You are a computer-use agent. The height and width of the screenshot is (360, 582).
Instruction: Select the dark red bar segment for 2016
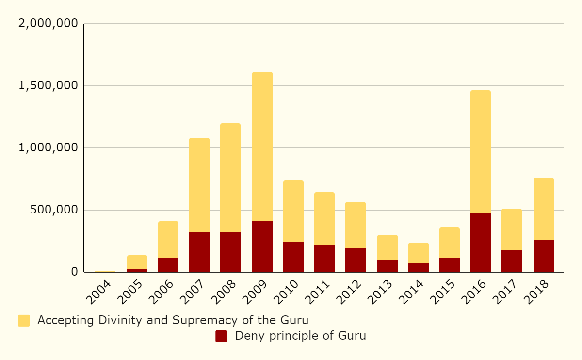point(481,243)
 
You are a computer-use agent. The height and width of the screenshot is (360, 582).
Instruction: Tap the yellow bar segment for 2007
point(199,185)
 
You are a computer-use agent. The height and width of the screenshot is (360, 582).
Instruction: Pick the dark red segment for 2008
point(230,252)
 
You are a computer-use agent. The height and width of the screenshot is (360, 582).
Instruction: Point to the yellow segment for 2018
point(544,209)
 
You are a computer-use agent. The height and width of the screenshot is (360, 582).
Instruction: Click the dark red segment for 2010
point(293,257)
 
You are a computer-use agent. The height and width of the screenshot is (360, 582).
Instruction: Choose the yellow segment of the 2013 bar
point(388,247)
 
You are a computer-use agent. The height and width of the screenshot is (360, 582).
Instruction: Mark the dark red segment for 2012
point(356,260)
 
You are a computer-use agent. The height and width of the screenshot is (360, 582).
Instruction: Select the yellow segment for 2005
point(137,262)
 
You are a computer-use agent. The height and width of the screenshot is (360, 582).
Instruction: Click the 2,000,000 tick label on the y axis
point(48,24)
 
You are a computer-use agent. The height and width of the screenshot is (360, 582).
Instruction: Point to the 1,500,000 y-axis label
point(48,86)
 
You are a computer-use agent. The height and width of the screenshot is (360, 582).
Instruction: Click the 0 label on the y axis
point(74,272)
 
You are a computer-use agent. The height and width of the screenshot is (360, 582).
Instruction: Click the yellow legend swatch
point(24,321)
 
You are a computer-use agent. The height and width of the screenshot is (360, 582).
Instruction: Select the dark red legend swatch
point(221,336)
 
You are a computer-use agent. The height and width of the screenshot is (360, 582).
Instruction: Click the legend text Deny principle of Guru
point(300,336)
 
